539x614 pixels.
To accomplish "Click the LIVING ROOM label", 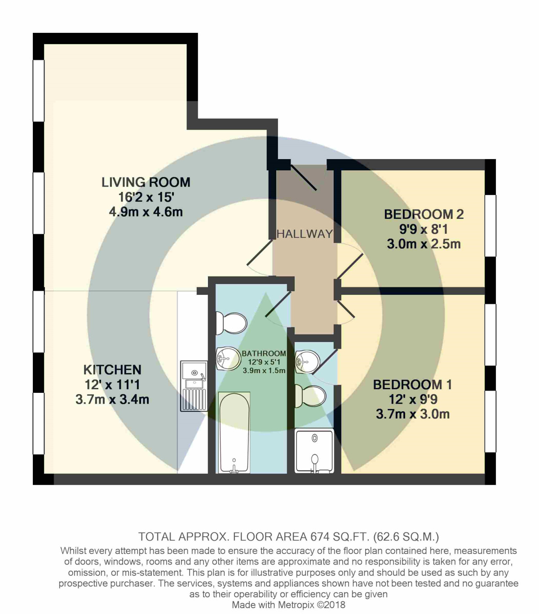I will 146,182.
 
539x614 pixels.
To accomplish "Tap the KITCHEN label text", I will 112,369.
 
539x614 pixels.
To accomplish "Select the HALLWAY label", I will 305,234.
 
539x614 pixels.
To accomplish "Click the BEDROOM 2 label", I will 424,214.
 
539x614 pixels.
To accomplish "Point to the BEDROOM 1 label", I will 412,385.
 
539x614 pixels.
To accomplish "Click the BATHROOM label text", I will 264,354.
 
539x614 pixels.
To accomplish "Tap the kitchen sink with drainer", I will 194,386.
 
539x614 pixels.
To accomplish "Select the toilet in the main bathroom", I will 231,323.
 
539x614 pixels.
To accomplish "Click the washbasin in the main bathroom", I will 228,359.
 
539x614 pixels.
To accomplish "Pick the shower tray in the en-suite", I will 314,451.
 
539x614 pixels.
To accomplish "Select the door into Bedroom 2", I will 349,265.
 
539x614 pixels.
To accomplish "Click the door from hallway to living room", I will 260,258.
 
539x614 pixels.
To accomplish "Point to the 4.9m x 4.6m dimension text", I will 146,212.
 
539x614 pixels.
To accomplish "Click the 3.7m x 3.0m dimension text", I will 412,414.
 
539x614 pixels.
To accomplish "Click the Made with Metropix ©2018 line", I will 288,605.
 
